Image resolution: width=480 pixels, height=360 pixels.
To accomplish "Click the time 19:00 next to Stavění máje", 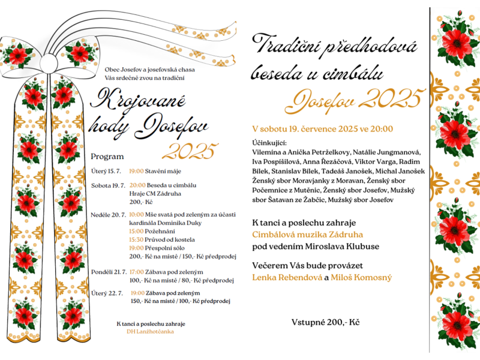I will pyautogui.click(x=136, y=171).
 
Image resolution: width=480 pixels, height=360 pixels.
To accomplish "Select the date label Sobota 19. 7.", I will pyautogui.click(x=108, y=185).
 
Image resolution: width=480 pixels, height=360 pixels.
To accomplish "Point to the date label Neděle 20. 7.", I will pyautogui.click(x=108, y=214).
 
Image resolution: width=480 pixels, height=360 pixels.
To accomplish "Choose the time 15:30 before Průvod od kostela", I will pyautogui.click(x=136, y=238).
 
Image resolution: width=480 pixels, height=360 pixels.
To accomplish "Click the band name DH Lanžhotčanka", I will pyautogui.click(x=150, y=331).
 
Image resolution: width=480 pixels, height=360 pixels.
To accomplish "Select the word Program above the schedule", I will pyautogui.click(x=107, y=156).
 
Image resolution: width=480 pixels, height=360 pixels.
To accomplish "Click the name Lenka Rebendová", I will pyautogui.click(x=287, y=277).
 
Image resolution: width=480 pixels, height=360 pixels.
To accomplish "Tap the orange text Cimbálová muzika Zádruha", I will pyautogui.click(x=316, y=235).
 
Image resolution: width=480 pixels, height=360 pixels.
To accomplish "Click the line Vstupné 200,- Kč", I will pyautogui.click(x=325, y=322).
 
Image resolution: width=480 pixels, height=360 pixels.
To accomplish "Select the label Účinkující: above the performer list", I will pyautogui.click(x=269, y=143).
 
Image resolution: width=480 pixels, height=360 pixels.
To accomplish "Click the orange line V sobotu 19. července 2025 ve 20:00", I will pyautogui.click(x=323, y=128).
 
